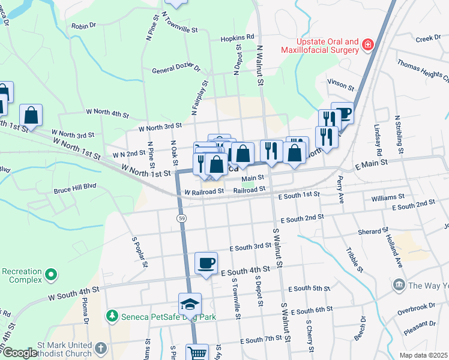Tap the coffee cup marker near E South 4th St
click(206, 263)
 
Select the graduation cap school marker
click(190, 304)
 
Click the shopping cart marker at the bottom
click(197, 353)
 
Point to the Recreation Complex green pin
click(51, 275)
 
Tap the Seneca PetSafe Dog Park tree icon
click(111, 315)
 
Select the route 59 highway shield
click(181, 219)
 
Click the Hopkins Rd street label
click(238, 37)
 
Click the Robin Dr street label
click(83, 26)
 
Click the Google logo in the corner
click(20, 353)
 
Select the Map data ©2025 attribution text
click(423, 355)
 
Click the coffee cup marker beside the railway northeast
click(342, 113)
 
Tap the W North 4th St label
click(107, 113)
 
